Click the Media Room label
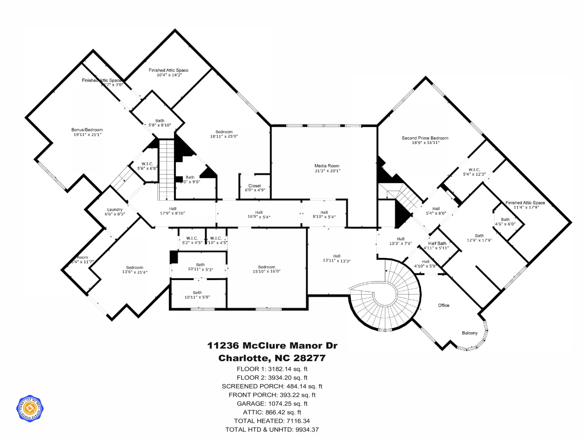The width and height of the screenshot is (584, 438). coord(327,166)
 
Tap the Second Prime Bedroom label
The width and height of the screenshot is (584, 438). coord(425,138)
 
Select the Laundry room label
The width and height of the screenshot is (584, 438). coord(115,210)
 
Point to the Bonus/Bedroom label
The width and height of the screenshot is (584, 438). coord(87,130)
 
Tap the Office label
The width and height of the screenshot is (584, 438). coord(443,305)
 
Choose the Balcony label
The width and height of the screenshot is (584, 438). coord(469,333)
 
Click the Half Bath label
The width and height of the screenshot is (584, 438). coord(437,243)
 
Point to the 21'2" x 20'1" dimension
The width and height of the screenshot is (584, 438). coord(327,171)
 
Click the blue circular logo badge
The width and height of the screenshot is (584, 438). coord(30,408)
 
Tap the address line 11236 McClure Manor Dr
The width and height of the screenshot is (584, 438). coord(272,345)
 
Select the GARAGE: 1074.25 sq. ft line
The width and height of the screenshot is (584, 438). coord(272,403)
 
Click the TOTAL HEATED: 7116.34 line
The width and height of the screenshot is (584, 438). coord(272,421)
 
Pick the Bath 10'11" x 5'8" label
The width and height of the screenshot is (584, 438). coord(197,295)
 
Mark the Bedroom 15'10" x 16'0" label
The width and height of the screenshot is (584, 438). coord(266,269)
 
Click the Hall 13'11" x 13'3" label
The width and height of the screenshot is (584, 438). coord(337,258)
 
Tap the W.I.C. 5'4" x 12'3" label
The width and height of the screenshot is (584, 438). coord(474,172)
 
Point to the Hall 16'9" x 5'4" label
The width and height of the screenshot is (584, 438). coord(259,215)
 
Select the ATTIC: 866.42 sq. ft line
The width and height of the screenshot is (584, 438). coord(272,412)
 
